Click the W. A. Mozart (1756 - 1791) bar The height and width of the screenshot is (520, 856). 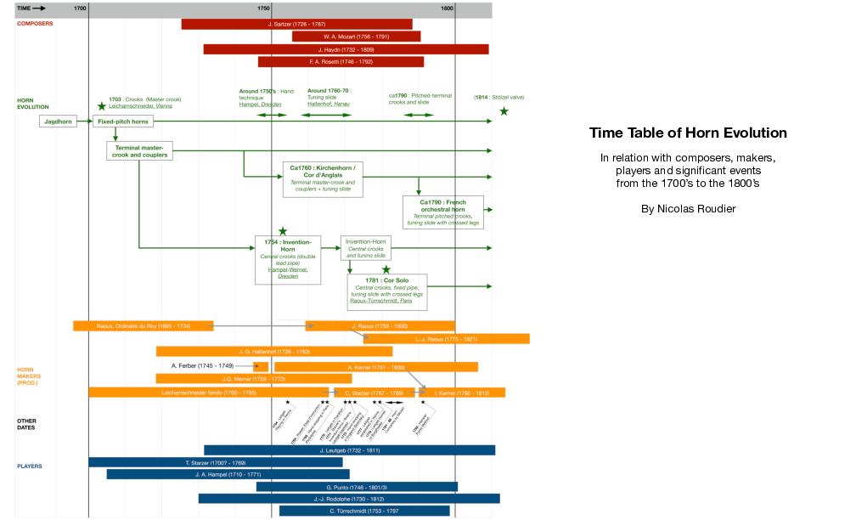pos(357,37)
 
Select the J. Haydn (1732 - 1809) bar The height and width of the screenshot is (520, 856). pos(346,49)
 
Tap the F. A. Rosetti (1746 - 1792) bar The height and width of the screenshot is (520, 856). pos(341,62)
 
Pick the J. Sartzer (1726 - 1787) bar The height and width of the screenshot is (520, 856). pos(296,24)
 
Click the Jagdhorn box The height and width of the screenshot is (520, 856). pos(58,122)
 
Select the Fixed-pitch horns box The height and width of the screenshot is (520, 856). pos(123,122)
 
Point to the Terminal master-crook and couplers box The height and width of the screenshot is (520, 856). pos(139,151)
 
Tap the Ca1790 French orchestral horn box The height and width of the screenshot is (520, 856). pos(443,212)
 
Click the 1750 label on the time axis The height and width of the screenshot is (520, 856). pos(264,8)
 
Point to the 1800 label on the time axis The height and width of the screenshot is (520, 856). pos(448,8)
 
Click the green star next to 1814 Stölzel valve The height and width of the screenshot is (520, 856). pos(504,111)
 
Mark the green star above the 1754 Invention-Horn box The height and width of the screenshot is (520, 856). pos(283,230)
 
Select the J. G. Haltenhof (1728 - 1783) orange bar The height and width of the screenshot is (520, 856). pos(274,351)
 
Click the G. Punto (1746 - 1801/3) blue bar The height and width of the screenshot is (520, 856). pos(369,487)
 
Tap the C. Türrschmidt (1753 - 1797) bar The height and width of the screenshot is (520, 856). pos(364,511)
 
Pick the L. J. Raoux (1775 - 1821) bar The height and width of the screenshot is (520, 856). pos(447,338)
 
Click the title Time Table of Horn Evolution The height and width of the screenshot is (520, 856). pos(688,133)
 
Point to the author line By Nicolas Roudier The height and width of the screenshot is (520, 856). pos(688,208)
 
